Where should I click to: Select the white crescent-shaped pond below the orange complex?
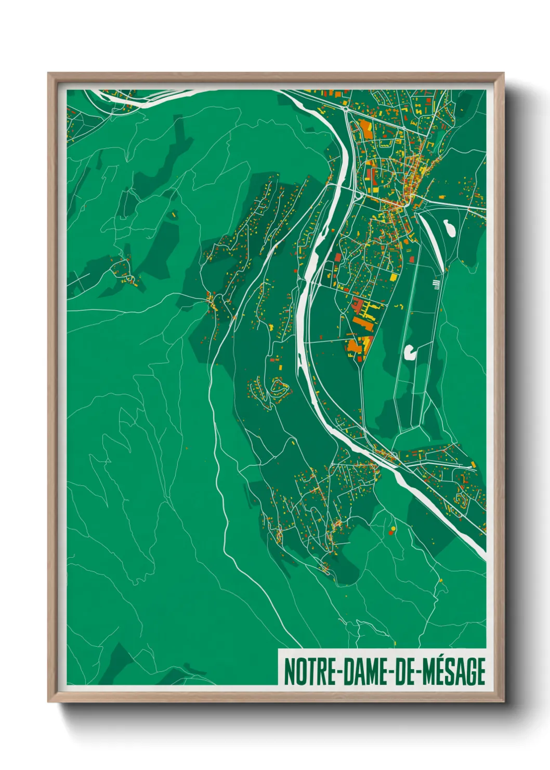pyautogui.click(x=410, y=353)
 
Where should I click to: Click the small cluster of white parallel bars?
pyautogui.click(x=436, y=284)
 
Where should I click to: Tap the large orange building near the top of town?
pyautogui.click(x=365, y=129)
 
